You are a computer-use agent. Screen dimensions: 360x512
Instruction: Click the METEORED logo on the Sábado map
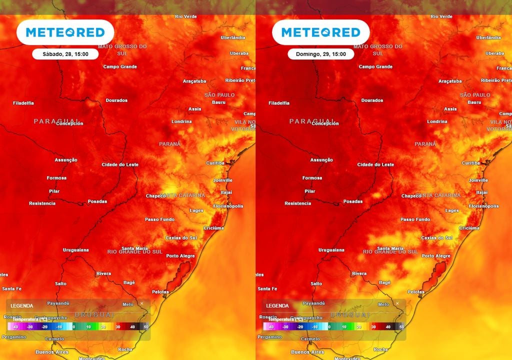pyautogui.click(x=65, y=32)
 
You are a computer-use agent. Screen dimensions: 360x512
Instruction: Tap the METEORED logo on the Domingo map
pyautogui.click(x=320, y=32)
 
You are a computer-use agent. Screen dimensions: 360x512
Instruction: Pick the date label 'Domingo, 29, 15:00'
pyautogui.click(x=320, y=54)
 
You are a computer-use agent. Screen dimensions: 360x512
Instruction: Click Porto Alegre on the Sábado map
pyautogui.click(x=180, y=256)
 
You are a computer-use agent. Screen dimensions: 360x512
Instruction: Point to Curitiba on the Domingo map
pyautogui.click(x=470, y=163)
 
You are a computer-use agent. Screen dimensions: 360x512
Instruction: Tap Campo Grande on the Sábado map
pyautogui.click(x=120, y=66)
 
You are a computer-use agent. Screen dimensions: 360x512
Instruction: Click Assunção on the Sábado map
pyautogui.click(x=66, y=160)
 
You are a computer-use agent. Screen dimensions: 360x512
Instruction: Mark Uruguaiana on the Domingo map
pyautogui.click(x=331, y=250)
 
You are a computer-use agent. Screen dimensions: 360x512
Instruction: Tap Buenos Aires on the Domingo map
pyautogui.click(x=307, y=352)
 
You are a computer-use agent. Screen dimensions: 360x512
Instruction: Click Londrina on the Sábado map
pyautogui.click(x=181, y=121)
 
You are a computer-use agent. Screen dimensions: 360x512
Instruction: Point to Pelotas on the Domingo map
pyautogui.click(x=416, y=291)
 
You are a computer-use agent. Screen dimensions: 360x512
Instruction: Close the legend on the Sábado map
pyautogui.click(x=141, y=303)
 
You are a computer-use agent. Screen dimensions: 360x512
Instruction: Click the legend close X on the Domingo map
pyautogui.click(x=397, y=303)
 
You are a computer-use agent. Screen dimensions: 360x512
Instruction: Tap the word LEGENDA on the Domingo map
pyautogui.click(x=277, y=305)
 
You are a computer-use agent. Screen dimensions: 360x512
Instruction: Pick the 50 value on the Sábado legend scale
pyautogui.click(x=146, y=326)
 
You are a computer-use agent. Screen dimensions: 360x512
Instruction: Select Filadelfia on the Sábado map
pyautogui.click(x=23, y=103)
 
